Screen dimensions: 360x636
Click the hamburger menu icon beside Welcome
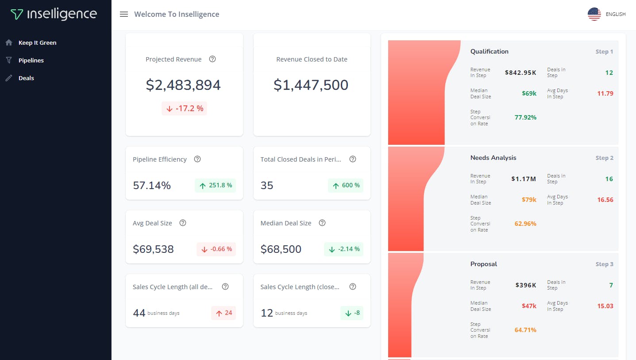pos(124,14)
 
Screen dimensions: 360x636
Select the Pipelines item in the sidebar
pos(31,60)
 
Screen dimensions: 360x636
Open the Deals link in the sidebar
pos(26,78)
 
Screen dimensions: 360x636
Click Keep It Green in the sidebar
pos(37,43)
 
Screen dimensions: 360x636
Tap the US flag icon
pos(594,14)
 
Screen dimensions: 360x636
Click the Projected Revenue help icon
pos(212,59)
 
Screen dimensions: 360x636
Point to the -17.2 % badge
pos(184,108)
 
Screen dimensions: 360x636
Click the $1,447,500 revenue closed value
pos(311,85)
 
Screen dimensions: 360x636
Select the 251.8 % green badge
pos(215,186)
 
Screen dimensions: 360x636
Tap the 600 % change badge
pos(345,186)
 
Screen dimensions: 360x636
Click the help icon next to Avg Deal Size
pos(183,223)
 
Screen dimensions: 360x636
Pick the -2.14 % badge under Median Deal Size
pos(343,249)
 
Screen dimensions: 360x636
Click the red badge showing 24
pos(224,313)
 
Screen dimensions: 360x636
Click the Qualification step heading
pos(489,51)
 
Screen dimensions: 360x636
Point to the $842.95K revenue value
pos(520,73)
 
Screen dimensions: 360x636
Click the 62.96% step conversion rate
pos(525,224)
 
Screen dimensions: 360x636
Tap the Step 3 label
pos(604,264)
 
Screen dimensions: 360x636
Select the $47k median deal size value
pos(529,306)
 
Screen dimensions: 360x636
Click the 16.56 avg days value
pos(605,200)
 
